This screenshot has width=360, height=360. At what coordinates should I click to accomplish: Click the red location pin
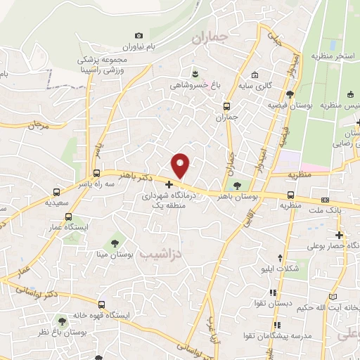point(181,165)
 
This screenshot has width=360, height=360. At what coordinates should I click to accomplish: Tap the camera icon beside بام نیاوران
point(139,36)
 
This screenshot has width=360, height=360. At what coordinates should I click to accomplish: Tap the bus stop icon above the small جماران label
point(226,106)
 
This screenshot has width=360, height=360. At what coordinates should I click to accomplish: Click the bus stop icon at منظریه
point(290,195)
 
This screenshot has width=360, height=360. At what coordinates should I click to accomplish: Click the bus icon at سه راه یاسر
point(97,173)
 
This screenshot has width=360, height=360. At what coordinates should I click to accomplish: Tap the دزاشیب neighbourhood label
point(161,252)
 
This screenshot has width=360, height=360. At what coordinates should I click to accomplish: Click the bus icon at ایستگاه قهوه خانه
point(103,305)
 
